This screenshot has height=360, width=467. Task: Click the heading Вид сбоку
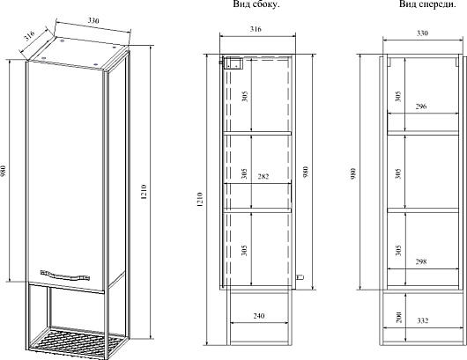click(256, 4)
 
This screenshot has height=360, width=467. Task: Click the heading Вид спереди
click(427, 4)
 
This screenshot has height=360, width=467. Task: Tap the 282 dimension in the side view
click(263, 176)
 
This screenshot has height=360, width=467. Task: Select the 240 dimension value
click(259, 316)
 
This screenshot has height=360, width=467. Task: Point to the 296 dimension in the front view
click(421, 107)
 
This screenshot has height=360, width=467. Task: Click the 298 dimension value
click(421, 261)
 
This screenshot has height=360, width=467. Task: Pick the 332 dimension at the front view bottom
click(423, 320)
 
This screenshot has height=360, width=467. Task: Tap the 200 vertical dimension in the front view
click(399, 318)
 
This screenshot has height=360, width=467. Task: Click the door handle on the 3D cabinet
click(64, 276)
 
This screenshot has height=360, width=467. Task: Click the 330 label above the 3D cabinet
click(93, 20)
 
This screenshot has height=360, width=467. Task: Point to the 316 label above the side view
click(256, 29)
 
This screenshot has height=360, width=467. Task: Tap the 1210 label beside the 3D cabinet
click(144, 192)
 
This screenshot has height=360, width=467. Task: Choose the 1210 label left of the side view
click(199, 200)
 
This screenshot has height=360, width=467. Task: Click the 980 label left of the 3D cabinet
click(4, 172)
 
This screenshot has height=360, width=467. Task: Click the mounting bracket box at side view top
click(233, 63)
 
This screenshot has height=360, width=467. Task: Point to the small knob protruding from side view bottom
click(300, 277)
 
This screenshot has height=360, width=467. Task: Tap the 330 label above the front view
click(422, 33)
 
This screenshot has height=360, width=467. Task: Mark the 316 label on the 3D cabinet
click(29, 36)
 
